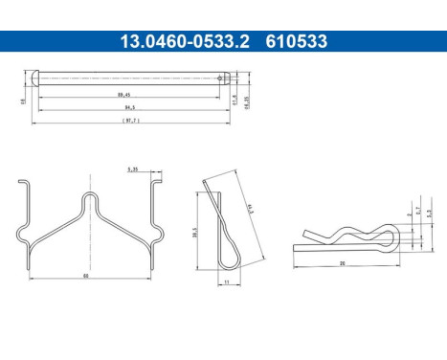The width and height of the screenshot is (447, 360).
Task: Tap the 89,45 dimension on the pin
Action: pyautogui.click(x=125, y=95)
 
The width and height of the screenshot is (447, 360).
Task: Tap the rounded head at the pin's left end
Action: pyautogui.click(x=35, y=79)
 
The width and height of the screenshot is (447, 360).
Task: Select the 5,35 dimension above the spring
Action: pyautogui.click(x=132, y=169)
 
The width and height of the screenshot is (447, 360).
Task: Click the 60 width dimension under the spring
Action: pyautogui.click(x=86, y=275)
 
